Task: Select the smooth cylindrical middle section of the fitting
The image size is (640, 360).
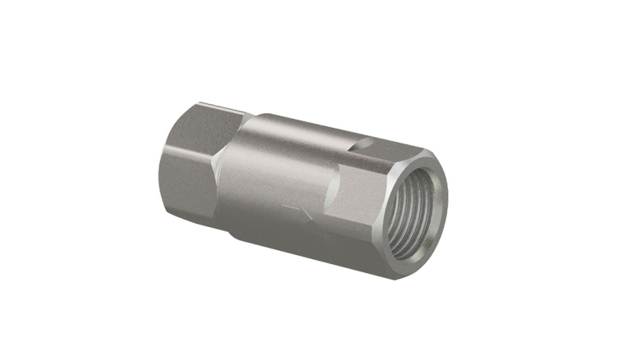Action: [x=279, y=172]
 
